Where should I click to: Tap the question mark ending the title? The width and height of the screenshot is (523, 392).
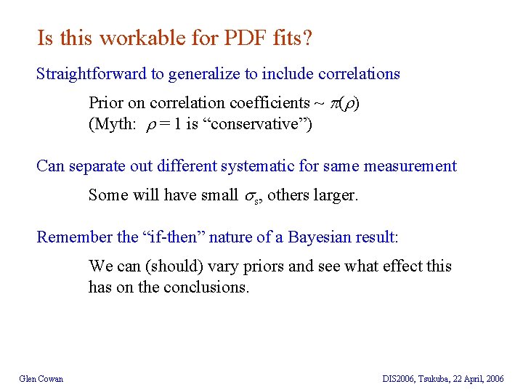[308, 38]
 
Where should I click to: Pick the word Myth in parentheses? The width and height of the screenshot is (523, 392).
[111, 123]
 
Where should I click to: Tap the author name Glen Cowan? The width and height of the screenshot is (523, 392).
[41, 378]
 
